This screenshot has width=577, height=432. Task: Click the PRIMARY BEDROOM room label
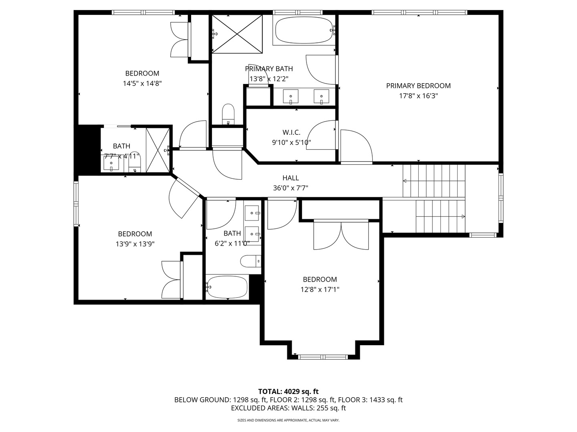tap(418, 86)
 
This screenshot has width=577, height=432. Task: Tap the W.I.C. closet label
tap(291, 132)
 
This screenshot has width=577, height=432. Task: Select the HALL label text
tap(291, 178)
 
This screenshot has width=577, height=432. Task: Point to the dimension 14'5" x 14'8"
tap(142, 84)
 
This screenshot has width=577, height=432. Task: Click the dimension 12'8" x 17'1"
tap(320, 290)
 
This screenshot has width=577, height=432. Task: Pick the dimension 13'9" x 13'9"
tap(135, 244)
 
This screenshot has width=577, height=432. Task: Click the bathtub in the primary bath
tap(304, 30)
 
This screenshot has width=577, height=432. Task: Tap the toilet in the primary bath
tap(228, 114)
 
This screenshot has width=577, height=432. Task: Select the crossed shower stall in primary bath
tap(237, 34)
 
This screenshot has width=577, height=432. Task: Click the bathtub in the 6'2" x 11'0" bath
tap(227, 287)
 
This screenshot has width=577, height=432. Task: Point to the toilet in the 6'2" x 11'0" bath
tap(250, 261)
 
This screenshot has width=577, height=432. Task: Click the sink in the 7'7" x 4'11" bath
tap(111, 164)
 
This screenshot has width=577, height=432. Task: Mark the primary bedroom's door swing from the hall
tap(357, 146)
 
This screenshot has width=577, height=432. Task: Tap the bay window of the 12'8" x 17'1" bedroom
tap(323, 357)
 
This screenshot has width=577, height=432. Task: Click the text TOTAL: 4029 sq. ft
tap(288, 391)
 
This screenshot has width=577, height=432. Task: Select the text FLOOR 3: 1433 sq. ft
tap(370, 400)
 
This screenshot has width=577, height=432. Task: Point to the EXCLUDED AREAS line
tap(288, 408)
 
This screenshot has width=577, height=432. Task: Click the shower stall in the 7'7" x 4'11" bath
tap(158, 150)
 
